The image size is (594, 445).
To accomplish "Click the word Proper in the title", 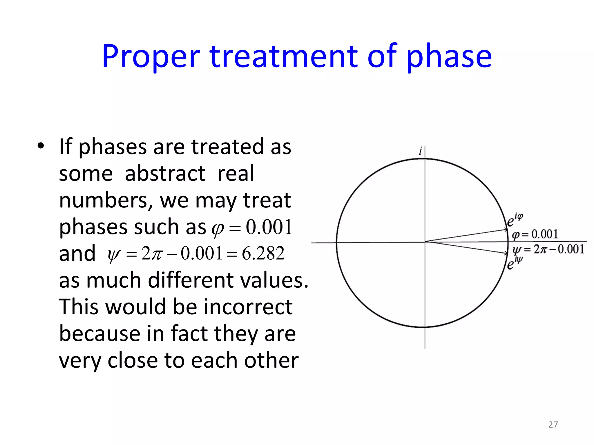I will (x=151, y=57).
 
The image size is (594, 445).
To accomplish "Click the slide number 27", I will (x=553, y=424).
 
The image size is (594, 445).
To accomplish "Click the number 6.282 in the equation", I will (x=263, y=253).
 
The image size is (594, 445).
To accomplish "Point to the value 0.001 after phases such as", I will (x=269, y=227).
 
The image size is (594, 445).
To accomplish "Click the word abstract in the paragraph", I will (x=165, y=173).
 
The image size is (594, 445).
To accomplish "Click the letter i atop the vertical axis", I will (x=420, y=151).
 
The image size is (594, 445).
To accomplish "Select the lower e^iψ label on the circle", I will (x=515, y=263).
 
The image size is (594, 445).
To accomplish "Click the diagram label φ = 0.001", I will (x=535, y=234).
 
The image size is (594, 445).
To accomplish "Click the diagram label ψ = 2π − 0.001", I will (x=548, y=249).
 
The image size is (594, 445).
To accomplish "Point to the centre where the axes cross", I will (x=425, y=242).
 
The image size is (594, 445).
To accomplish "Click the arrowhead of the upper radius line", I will (x=506, y=230).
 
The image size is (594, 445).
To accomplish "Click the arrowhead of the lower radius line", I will (x=506, y=253).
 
